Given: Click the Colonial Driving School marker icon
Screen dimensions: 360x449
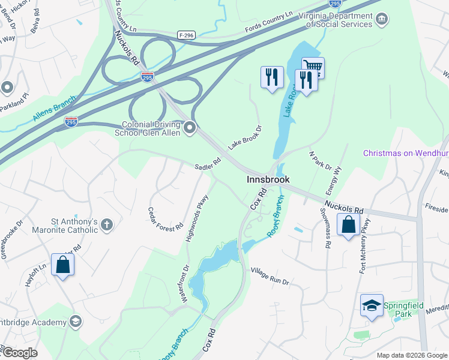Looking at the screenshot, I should point(190,127).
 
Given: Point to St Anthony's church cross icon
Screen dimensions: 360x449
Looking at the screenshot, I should point(107,224).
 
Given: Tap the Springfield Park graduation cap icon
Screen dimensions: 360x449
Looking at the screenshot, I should point(372,305).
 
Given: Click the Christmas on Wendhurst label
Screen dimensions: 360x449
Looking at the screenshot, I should point(406,154).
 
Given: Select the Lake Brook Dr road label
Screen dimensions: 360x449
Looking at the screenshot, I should point(246,137).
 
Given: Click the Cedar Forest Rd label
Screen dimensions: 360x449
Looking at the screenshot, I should point(166,220).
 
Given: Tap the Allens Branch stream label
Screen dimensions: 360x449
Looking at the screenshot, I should point(55,108).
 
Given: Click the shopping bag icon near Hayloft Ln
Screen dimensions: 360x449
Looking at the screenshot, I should point(63,265).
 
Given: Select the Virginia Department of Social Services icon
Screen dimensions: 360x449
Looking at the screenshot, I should point(382,20).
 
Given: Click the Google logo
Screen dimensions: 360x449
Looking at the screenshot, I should point(19,353).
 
